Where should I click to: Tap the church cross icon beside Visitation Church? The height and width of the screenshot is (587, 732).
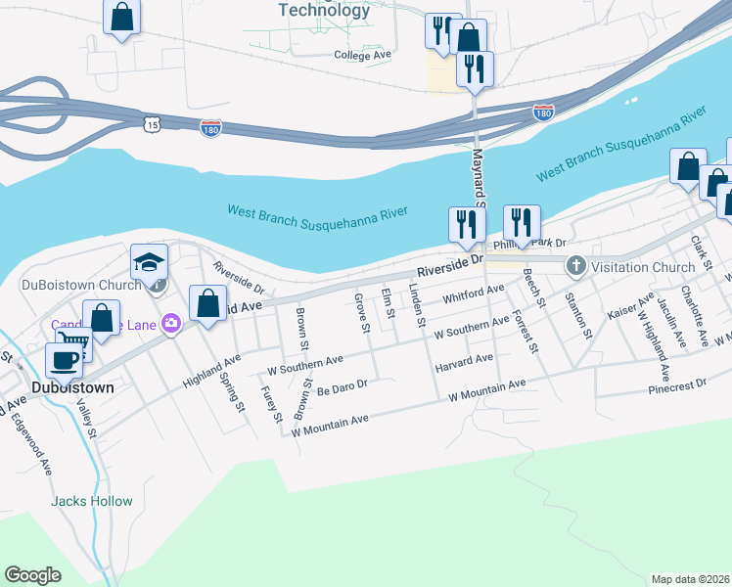[x=576, y=266]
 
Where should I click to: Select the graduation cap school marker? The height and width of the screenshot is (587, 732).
[x=149, y=263]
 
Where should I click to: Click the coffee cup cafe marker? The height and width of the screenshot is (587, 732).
[x=65, y=359]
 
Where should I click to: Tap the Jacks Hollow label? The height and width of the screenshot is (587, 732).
[x=92, y=501]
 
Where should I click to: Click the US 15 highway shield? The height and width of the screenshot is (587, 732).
[x=150, y=124]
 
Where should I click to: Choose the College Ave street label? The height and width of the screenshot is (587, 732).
[x=362, y=56]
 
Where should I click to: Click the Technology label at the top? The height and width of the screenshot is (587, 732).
[x=325, y=11]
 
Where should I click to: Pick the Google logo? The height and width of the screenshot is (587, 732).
[x=32, y=575]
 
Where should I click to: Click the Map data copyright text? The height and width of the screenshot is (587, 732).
[x=689, y=579]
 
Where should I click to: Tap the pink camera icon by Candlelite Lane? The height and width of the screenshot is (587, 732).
[x=172, y=323]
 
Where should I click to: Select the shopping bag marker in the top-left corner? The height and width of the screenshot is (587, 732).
[x=121, y=16]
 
